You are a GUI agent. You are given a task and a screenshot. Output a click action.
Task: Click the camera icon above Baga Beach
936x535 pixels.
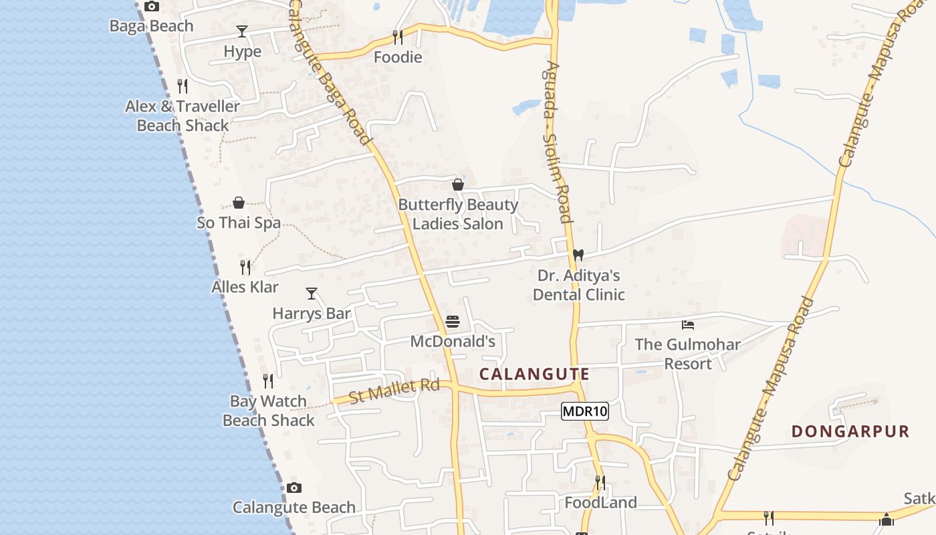152,7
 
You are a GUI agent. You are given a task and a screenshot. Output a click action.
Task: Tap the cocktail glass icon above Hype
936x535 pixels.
242,31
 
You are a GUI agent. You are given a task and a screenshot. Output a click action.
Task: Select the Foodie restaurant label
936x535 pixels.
398,58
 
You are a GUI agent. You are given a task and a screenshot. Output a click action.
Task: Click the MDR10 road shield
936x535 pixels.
584,411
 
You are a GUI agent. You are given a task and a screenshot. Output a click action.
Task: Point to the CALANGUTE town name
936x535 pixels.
535,374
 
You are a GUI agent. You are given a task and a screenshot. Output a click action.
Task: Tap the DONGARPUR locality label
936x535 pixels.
850,432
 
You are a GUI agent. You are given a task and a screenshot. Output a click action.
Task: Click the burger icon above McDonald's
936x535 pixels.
453,322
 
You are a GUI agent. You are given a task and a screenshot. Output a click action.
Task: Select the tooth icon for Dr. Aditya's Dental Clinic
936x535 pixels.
578,255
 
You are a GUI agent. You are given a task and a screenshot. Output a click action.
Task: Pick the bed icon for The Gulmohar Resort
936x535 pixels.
688,325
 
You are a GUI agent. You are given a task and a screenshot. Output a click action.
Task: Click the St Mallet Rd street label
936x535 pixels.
394,391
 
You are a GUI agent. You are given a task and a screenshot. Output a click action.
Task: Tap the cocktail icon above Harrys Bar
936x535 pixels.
312,294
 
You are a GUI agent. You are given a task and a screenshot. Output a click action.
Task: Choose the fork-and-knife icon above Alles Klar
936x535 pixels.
245,267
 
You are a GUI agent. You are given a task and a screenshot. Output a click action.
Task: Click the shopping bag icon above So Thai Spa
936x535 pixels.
239,203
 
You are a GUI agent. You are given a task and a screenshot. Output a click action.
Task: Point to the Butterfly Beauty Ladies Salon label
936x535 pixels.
458,214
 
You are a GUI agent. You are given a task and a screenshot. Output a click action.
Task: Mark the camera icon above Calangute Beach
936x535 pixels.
294,488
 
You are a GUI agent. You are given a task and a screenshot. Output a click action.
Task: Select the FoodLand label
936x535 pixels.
600,502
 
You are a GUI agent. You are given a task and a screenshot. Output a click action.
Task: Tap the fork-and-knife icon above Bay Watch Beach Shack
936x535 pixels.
268,381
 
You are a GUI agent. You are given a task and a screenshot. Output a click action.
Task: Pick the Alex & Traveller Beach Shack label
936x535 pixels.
183,116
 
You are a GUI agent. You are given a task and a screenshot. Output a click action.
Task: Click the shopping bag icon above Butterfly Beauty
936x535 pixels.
458,185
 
